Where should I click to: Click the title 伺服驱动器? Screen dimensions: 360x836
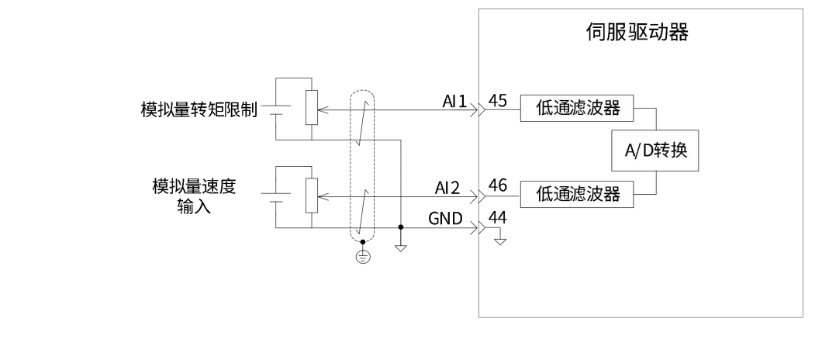point(637,33)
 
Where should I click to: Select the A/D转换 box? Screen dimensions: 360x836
point(657,153)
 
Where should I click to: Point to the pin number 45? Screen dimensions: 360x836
point(499,100)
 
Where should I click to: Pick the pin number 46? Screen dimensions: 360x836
point(499,185)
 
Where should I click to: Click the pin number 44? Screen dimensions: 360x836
point(499,218)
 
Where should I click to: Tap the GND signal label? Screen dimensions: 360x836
point(446,219)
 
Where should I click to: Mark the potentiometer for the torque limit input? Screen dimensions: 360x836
point(312,109)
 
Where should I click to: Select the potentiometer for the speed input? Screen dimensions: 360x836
point(312,196)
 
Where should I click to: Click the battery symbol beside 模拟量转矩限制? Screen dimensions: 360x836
point(277,109)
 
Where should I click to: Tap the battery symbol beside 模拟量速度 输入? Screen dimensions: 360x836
point(277,196)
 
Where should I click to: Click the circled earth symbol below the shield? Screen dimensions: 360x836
point(362,257)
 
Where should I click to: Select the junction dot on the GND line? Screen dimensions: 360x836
point(401,227)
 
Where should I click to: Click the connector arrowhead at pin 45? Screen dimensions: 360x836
point(482,110)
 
